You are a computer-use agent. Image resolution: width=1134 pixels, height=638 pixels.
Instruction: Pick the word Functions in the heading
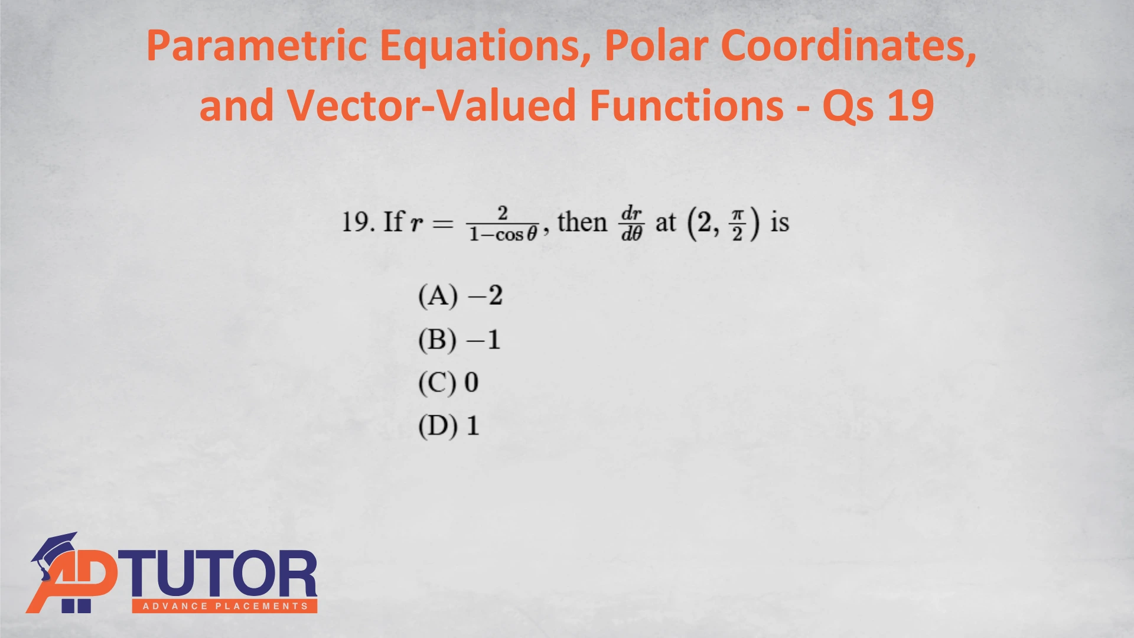pos(687,105)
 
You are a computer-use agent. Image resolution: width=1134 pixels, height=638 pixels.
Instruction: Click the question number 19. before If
pos(358,222)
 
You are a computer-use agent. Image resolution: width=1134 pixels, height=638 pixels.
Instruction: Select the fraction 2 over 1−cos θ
pos(503,224)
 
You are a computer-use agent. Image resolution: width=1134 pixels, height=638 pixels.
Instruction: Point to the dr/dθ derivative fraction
pos(631,224)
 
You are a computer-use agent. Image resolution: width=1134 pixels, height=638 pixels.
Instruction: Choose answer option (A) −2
pos(460,295)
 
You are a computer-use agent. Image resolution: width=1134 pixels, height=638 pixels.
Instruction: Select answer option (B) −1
pos(459,340)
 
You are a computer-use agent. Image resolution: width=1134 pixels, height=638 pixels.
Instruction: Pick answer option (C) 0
pos(448,383)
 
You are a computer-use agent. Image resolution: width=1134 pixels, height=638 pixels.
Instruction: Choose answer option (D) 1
pos(448,426)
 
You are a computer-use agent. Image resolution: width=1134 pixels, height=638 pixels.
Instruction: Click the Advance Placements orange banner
pos(224,606)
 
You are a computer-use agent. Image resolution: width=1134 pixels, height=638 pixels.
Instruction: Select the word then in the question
pos(582,222)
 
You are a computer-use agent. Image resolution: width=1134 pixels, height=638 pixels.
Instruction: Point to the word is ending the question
pos(780,222)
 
